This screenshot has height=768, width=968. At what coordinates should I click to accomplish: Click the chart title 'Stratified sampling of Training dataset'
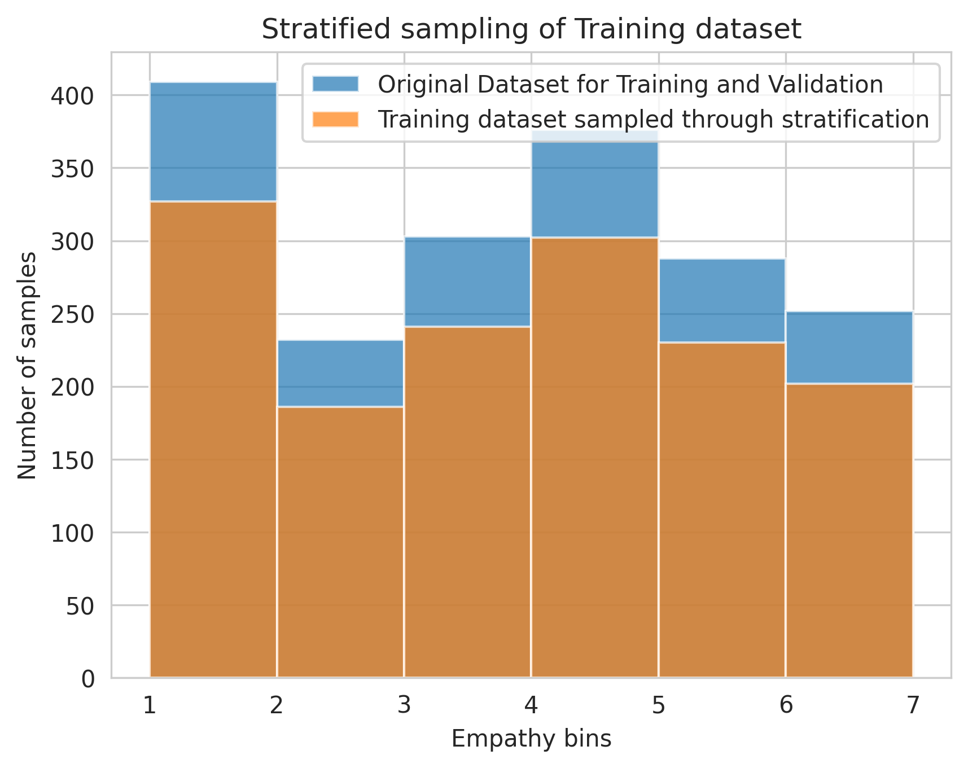[531, 29]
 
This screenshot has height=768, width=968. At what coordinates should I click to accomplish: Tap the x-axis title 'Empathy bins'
[531, 739]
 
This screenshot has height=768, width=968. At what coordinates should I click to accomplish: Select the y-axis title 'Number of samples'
[27, 366]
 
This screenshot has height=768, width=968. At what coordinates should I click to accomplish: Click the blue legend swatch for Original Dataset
[335, 84]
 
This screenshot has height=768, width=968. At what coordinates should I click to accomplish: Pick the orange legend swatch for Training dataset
[335, 119]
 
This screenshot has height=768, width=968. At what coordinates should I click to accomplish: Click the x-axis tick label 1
[150, 705]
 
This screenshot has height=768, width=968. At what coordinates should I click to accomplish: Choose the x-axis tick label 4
[531, 705]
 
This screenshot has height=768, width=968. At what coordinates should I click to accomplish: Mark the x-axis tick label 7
[912, 705]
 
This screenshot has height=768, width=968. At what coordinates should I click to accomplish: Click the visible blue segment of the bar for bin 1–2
[213, 142]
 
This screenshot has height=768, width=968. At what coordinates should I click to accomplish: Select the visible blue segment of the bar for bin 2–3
[340, 374]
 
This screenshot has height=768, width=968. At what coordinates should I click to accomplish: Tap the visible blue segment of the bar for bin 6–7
[849, 348]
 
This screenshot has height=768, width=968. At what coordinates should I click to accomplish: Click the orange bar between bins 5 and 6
[722, 510]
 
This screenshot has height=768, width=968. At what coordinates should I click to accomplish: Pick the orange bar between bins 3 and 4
[467, 502]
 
